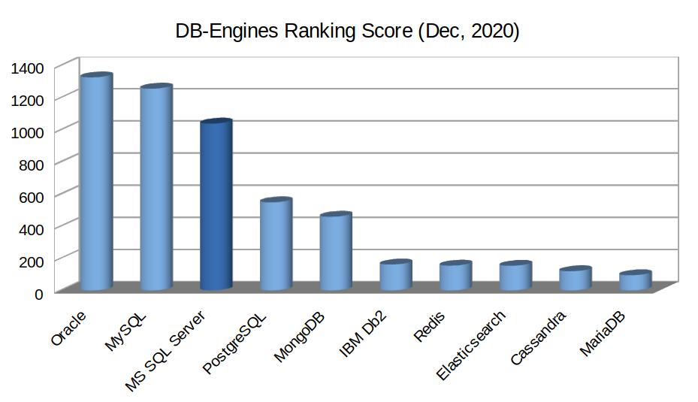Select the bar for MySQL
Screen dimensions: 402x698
[156, 189]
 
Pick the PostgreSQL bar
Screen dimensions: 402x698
[276, 245]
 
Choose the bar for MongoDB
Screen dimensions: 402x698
[335, 252]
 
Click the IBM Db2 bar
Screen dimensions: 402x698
[395, 276]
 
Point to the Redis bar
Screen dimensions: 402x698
[455, 277]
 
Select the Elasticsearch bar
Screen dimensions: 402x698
[515, 277]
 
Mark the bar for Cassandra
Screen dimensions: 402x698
[575, 279]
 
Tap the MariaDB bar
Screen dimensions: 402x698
[635, 281]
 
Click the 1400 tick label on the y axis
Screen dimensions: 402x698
[29, 68]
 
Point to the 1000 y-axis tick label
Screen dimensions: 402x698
[29, 131]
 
